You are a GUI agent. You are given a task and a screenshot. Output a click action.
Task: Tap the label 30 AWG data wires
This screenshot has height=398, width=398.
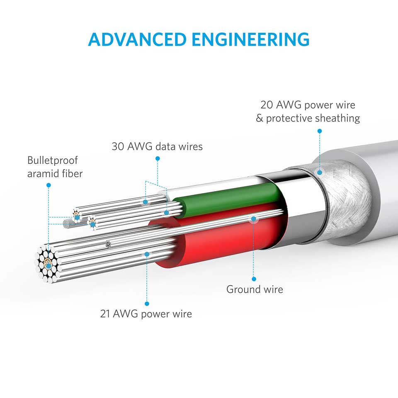click(x=157, y=146)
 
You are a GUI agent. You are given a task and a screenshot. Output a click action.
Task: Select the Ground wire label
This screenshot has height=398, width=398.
click(x=255, y=289)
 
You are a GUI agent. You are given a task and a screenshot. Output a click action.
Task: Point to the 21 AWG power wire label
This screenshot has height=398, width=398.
click(x=146, y=313)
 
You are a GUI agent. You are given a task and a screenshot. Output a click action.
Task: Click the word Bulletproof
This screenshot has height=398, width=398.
click(x=53, y=160)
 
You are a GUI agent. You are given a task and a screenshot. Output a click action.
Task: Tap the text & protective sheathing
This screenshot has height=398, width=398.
click(x=308, y=118)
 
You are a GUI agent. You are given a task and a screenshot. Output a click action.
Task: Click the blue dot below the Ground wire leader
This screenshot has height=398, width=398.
click(x=254, y=279)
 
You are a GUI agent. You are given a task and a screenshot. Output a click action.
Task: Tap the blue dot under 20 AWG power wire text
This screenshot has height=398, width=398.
click(x=320, y=131)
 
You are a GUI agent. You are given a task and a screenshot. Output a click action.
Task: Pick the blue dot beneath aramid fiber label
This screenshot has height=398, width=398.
click(x=49, y=184)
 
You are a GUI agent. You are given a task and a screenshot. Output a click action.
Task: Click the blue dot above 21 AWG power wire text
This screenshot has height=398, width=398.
click(x=146, y=303)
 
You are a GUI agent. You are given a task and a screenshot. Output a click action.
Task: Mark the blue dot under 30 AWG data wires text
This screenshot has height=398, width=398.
click(x=158, y=158)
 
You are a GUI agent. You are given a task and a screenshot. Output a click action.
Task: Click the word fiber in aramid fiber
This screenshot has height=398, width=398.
click(x=71, y=173)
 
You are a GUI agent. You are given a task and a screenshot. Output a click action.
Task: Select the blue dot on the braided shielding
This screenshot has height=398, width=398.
click(x=320, y=172)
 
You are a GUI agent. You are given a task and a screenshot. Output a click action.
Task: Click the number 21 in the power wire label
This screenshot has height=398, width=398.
click(x=105, y=313)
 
